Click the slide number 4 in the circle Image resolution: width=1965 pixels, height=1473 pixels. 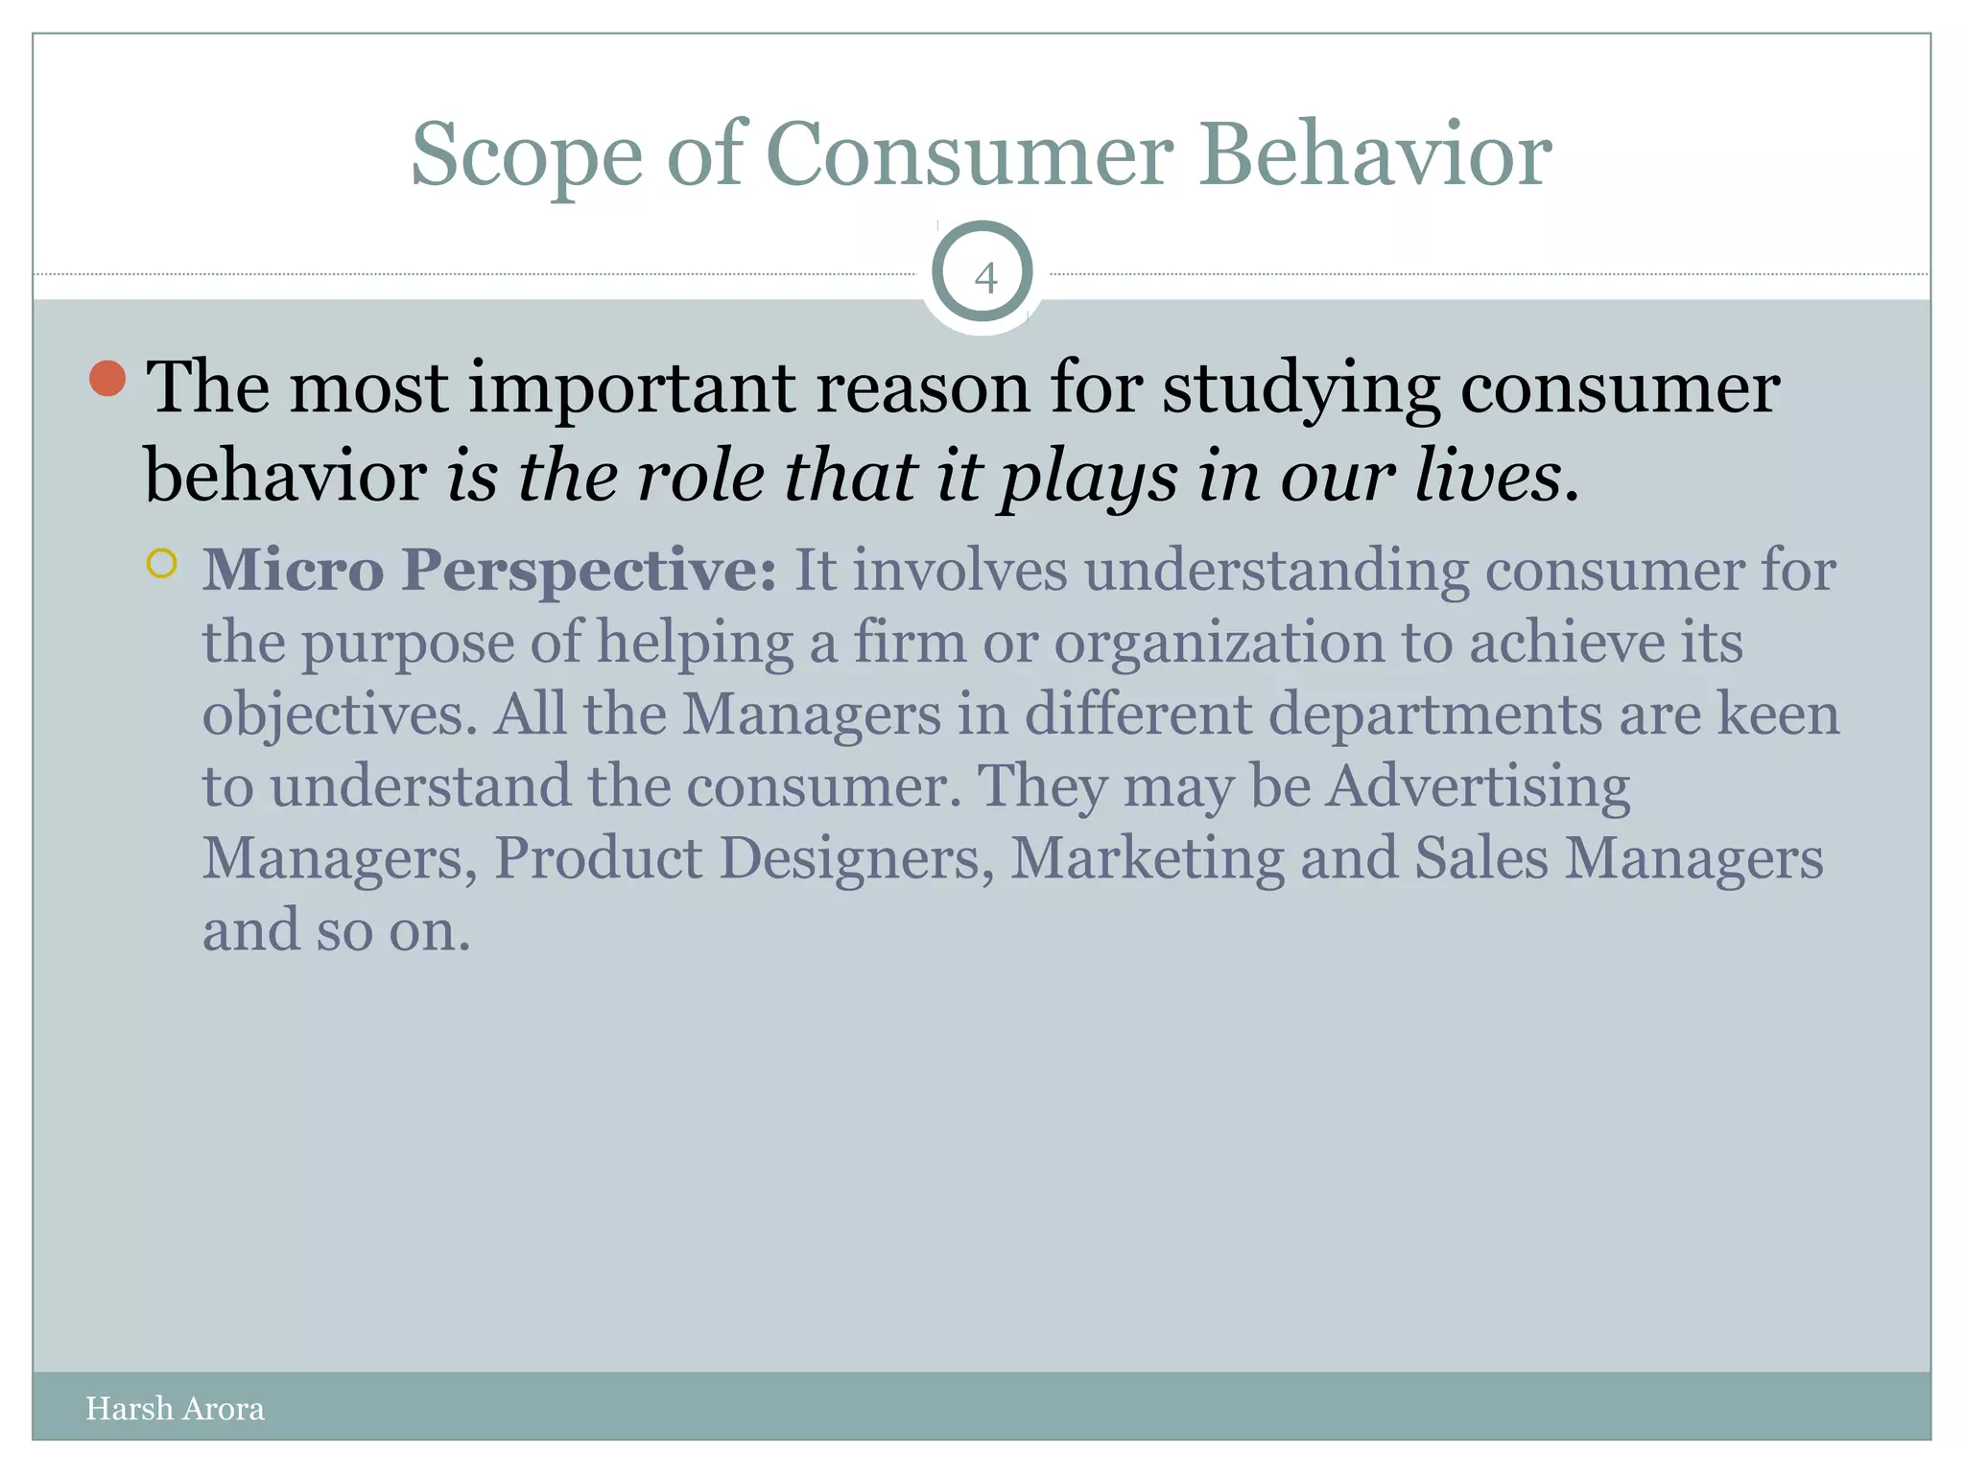[x=984, y=278]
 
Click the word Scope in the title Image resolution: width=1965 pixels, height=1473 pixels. [x=526, y=155]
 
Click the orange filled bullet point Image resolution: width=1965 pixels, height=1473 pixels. [x=107, y=379]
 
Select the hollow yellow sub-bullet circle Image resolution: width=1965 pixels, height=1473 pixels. [x=162, y=563]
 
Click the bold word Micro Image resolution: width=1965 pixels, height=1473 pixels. [x=293, y=570]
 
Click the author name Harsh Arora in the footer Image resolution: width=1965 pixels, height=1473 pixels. [x=175, y=1409]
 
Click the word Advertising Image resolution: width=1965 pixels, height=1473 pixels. [x=1478, y=786]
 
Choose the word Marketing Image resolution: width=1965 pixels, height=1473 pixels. [x=1147, y=858]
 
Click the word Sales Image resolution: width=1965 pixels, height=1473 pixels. [x=1480, y=857]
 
